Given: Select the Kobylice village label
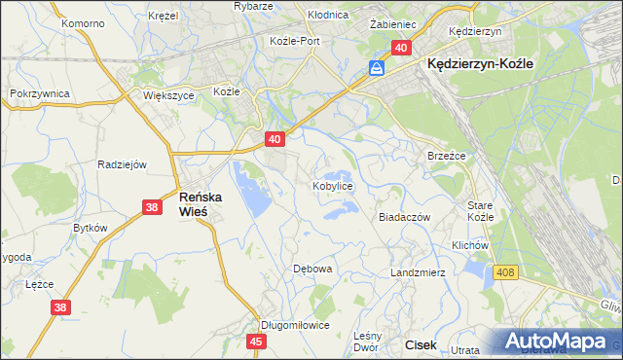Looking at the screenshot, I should tap(332, 185).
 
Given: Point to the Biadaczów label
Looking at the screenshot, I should tap(404, 218).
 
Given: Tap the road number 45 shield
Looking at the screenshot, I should tap(256, 342).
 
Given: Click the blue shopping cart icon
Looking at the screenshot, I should tap(377, 67).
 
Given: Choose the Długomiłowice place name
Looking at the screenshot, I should tap(295, 326).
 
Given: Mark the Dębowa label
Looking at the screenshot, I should tap(313, 268).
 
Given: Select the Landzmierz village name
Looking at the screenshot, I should tap(418, 273).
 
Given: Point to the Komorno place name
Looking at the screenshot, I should tap(82, 22).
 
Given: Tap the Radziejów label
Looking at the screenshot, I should tap(122, 164).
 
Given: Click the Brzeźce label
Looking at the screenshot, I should tap(448, 156).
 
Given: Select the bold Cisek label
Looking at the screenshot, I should tap(421, 344).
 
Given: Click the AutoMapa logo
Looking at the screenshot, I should tap(558, 342).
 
